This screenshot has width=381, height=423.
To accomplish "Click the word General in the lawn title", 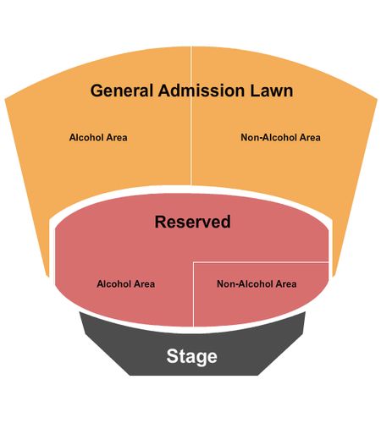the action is [x=123, y=91].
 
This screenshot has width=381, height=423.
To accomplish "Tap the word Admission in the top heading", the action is [x=202, y=91].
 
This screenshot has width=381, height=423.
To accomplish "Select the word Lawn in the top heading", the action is [x=272, y=91].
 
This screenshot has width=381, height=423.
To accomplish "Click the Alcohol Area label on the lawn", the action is [x=98, y=137].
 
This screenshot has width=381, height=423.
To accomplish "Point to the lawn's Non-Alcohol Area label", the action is [x=280, y=137].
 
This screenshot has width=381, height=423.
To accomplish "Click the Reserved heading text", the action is [x=193, y=222].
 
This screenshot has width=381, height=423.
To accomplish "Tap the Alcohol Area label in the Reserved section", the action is [x=126, y=283].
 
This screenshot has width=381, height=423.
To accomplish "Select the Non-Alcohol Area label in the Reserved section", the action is [x=257, y=283].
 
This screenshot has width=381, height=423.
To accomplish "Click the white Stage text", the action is [x=192, y=356].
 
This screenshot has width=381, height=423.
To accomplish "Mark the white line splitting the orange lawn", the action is [x=191, y=116].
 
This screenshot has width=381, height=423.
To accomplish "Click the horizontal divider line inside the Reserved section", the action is [x=261, y=262].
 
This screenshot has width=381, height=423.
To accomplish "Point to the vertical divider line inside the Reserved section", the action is [x=193, y=294].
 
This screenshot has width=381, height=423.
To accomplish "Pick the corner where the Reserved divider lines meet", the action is [x=193, y=262].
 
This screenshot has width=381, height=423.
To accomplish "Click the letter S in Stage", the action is [x=172, y=356].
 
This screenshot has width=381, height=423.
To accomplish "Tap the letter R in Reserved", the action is [x=161, y=222].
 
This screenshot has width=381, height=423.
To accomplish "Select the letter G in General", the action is [x=97, y=91].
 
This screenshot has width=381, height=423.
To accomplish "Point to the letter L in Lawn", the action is [x=254, y=91].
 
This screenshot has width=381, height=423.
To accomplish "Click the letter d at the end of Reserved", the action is [x=226, y=222].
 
